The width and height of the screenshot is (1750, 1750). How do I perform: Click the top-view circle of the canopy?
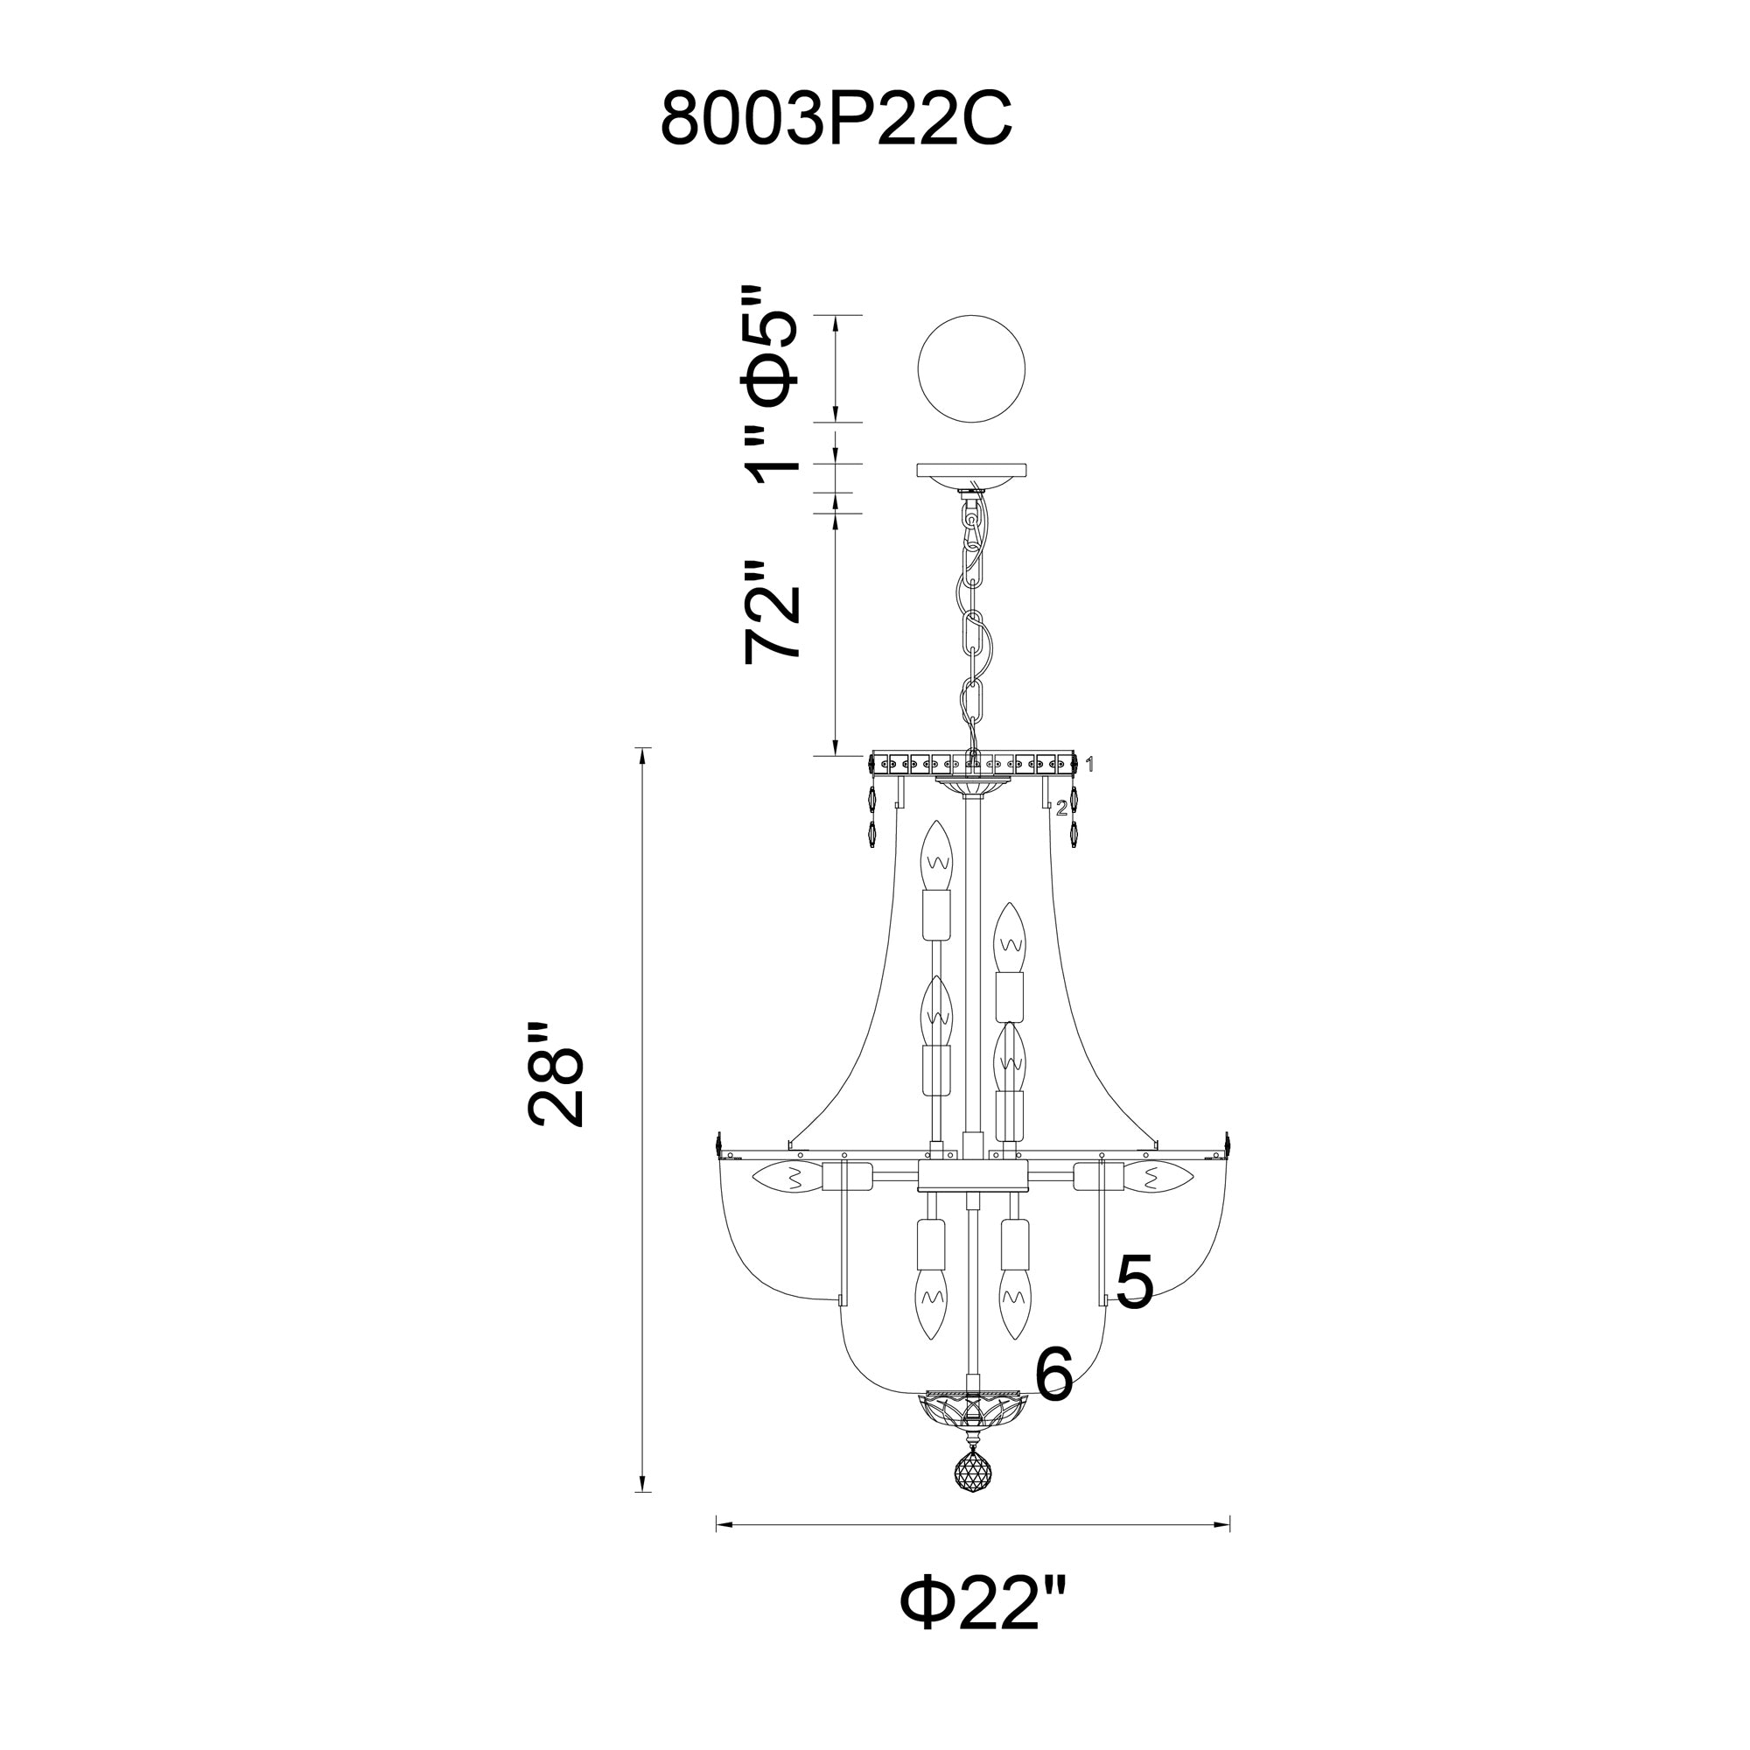(972, 367)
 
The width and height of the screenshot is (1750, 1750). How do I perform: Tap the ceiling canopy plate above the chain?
(972, 472)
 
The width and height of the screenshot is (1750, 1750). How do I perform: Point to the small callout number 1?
(1090, 765)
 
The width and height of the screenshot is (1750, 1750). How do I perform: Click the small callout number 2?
(1061, 808)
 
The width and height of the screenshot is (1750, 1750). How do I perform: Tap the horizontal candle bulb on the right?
(1158, 1178)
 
